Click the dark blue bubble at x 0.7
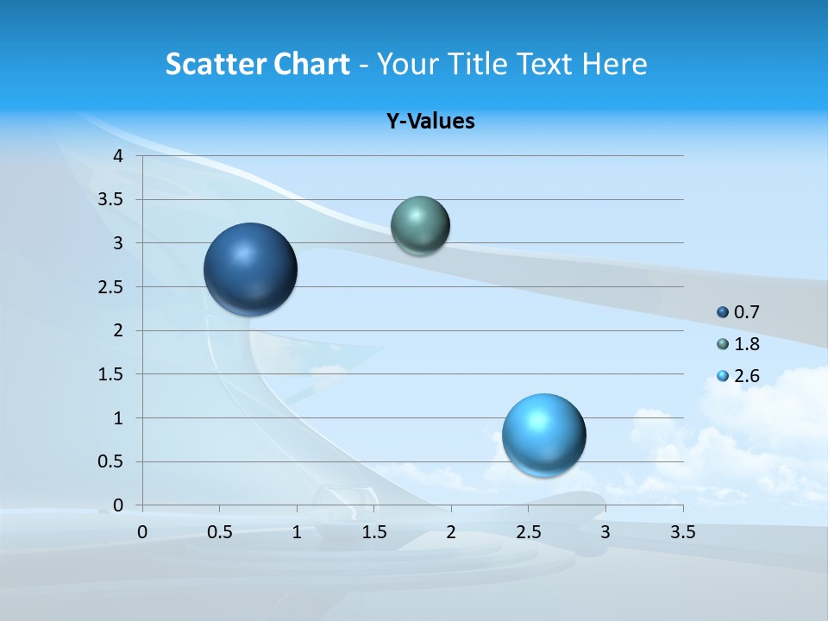tap(250, 269)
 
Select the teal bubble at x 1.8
tap(420, 225)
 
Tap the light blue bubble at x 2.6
tap(543, 435)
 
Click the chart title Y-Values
tap(430, 122)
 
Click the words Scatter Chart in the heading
tap(257, 64)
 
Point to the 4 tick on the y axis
tap(118, 156)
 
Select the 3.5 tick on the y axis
tap(111, 200)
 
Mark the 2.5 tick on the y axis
tap(111, 287)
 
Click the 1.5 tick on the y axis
tap(111, 374)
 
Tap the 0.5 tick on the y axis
tap(111, 462)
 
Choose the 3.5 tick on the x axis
tap(682, 532)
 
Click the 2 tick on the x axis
tap(451, 532)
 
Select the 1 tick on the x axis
tap(297, 532)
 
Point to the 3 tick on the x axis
tap(605, 532)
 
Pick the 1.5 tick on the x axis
tap(373, 532)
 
